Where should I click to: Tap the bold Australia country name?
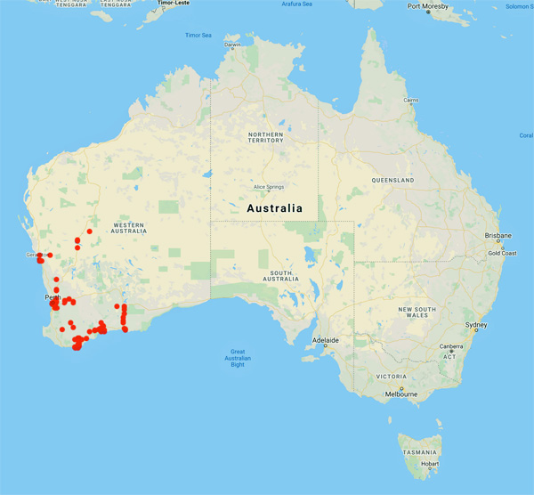coord(274,208)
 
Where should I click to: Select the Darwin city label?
coord(232,45)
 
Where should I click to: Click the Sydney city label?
coord(476,326)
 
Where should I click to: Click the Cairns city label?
coord(410,101)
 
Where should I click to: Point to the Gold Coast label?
coord(502,253)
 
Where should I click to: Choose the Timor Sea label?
coord(199,35)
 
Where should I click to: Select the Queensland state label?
coord(394,180)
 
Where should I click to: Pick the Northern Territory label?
coord(266,137)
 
